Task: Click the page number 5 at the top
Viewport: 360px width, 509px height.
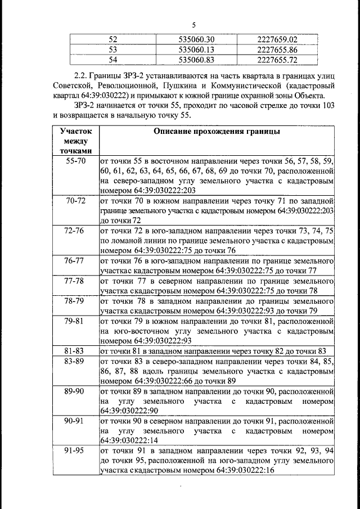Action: pos(193,25)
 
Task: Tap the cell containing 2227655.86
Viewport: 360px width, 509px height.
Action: pos(276,49)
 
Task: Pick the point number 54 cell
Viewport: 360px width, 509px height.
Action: pos(112,58)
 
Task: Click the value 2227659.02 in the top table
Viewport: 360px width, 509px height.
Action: pos(276,39)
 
